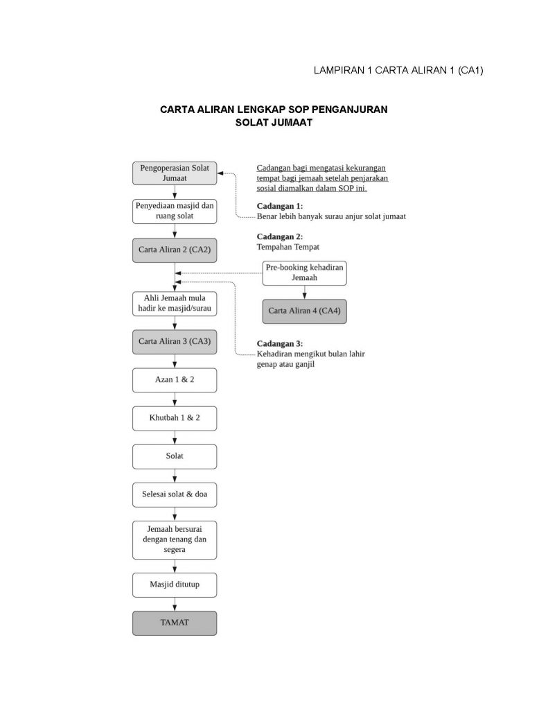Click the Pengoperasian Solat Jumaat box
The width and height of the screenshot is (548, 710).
[174, 173]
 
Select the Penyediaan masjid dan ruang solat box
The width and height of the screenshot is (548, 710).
[174, 211]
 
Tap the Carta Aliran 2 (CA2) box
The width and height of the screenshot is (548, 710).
[174, 250]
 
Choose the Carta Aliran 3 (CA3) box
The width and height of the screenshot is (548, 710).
[174, 341]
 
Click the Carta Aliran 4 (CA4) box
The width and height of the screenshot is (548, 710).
[304, 311]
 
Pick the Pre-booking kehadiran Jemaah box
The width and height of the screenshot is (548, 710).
[304, 272]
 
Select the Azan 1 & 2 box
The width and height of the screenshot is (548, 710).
[174, 380]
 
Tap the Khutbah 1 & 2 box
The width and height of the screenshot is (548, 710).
[174, 418]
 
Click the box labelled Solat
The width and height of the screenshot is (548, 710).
[174, 456]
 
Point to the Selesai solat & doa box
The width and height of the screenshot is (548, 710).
[174, 495]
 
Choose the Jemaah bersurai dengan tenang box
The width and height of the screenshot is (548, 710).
[174, 539]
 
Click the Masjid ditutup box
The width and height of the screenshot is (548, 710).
[174, 585]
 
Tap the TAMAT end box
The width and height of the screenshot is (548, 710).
[174, 623]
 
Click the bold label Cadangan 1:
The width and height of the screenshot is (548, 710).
[279, 207]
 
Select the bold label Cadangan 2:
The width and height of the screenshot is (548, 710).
[279, 236]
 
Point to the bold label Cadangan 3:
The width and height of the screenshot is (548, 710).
[279, 344]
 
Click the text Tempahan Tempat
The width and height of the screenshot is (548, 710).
[288, 247]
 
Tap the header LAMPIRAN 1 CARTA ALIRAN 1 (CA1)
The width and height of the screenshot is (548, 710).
[398, 70]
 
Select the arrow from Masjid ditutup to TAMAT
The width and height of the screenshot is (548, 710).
[175, 604]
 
